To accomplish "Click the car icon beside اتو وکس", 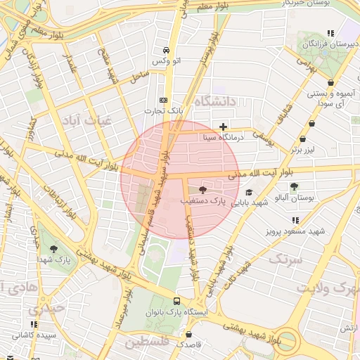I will pyautogui.click(x=166, y=51).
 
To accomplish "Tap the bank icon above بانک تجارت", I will pyautogui.click(x=164, y=100).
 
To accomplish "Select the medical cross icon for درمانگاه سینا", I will pyautogui.click(x=224, y=127).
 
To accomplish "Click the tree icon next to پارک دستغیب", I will pyautogui.click(x=203, y=190).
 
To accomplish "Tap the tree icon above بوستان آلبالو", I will pyautogui.click(x=294, y=186).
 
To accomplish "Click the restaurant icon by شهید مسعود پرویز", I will pyautogui.click(x=295, y=219).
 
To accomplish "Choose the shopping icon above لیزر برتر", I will pyautogui.click(x=302, y=139).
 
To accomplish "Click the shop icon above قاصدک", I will pyautogui.click(x=188, y=335).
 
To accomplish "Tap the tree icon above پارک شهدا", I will pyautogui.click(x=54, y=249).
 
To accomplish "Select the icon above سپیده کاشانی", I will pyautogui.click(x=33, y=324).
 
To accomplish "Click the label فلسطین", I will pyautogui.click(x=149, y=343).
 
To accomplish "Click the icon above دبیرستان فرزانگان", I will pyautogui.click(x=330, y=32).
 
